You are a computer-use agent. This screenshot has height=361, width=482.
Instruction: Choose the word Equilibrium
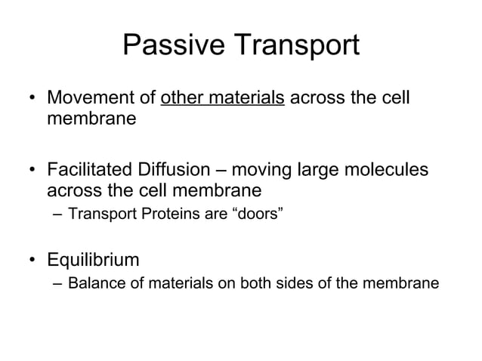(93, 261)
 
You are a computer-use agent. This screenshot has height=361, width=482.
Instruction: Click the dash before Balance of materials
(57, 285)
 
